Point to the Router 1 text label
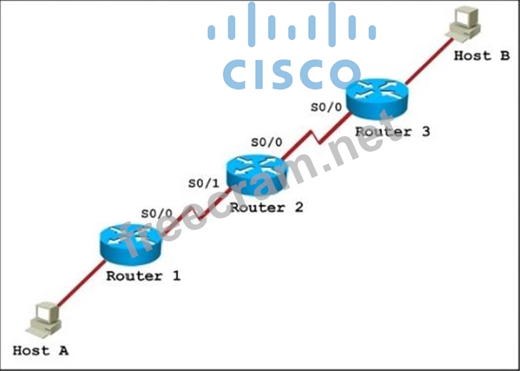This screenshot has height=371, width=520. [x=144, y=276]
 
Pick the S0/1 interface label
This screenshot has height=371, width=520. [x=202, y=183]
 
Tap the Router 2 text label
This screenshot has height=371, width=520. [x=267, y=208]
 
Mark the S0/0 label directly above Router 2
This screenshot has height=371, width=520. [x=266, y=143]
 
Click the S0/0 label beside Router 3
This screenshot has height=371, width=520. [x=325, y=107]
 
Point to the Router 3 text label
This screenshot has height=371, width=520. [x=393, y=131]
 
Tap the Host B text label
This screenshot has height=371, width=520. [x=481, y=56]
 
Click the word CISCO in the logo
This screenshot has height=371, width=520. [x=291, y=74]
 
